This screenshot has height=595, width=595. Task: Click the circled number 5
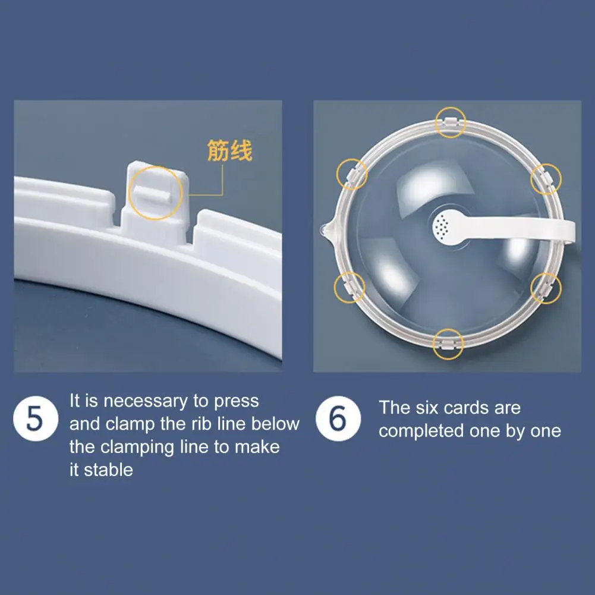[35, 420]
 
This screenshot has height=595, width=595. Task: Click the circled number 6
[337, 420]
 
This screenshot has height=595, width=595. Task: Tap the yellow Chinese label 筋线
[229, 150]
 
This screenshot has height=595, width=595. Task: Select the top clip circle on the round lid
[449, 124]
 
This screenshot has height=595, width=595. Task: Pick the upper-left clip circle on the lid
[352, 174]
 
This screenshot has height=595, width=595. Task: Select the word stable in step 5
[108, 470]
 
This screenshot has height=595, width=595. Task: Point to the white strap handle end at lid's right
[568, 231]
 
